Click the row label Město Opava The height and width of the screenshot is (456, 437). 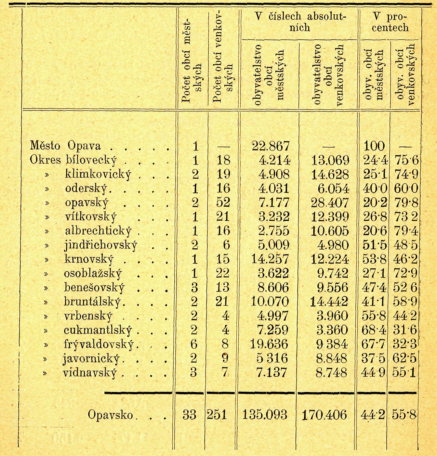pos(65,146)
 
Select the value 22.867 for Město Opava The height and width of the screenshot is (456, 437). pos(271,146)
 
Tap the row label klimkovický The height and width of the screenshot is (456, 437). pos(98,175)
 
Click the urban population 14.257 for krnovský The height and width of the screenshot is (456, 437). pos(270,259)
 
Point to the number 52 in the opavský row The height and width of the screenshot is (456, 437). pos(223,202)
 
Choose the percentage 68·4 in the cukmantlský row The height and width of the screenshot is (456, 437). pos(374,330)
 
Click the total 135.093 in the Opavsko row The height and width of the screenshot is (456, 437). pos(265,415)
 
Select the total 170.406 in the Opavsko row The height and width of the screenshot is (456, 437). pos(324,415)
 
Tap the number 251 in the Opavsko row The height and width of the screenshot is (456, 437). pos(217,415)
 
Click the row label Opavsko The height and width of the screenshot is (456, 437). pos(110,415)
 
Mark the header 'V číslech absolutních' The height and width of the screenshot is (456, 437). pos(299,22)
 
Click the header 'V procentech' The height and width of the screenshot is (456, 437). pos(390,22)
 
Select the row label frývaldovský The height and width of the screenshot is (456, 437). pos(99,344)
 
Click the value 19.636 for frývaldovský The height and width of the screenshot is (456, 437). pos(269,344)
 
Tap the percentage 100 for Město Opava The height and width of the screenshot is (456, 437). pos(374,146)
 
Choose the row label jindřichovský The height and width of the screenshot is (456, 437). pos(100,245)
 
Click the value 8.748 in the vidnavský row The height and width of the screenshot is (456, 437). pos(331,372)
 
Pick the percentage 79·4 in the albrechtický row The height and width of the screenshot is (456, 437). pos(405,231)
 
